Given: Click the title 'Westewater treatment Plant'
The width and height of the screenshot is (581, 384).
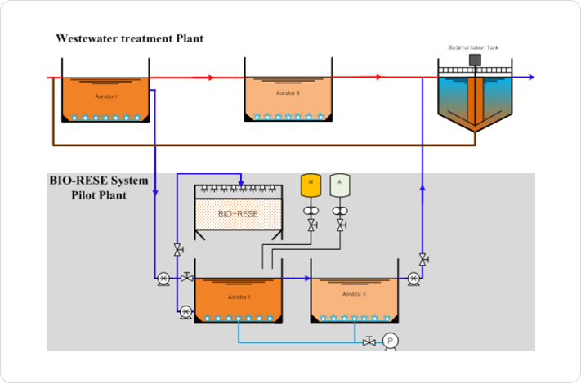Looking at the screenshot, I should click(x=129, y=38).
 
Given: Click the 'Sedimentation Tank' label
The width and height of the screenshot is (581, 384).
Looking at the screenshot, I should click(x=473, y=48).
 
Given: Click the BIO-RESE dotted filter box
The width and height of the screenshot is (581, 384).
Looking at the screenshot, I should click(x=238, y=214).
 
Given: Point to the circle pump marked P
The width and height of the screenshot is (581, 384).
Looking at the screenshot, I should click(x=390, y=341).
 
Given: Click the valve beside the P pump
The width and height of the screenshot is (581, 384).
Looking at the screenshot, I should click(x=369, y=341).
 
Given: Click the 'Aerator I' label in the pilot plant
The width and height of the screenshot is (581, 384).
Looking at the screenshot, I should click(x=239, y=297).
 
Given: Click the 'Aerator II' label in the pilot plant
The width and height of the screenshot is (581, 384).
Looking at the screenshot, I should click(x=354, y=293).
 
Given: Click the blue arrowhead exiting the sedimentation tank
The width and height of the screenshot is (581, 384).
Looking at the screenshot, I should click(x=531, y=77).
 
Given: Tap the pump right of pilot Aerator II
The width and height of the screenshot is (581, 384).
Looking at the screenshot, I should click(x=413, y=279).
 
